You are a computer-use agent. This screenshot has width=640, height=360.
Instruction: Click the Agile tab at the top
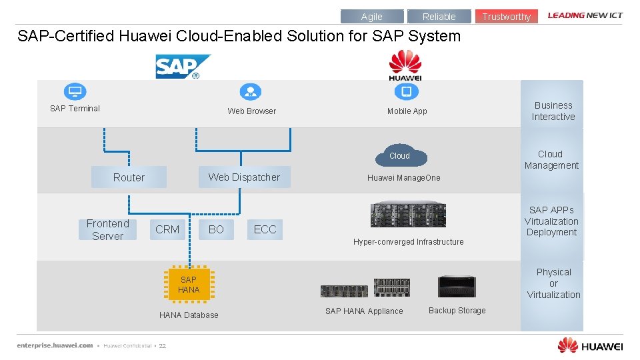point(371,17)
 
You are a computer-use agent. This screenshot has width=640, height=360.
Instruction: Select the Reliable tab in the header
point(439,17)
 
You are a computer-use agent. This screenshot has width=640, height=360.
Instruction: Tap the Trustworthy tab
point(506,17)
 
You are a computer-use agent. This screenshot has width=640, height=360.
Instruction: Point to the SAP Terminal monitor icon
point(75,92)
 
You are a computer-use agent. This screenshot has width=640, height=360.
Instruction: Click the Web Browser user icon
point(250,92)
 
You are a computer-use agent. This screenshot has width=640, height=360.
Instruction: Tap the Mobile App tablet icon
point(407,92)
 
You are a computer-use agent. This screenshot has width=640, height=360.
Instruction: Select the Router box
point(129,177)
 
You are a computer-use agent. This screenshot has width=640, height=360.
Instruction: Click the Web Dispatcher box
point(244,177)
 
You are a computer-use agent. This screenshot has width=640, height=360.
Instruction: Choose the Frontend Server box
point(107,229)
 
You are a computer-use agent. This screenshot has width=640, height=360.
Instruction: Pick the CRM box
point(167,229)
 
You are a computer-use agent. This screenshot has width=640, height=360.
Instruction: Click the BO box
point(216,229)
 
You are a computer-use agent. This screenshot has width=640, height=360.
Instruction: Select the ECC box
point(265,229)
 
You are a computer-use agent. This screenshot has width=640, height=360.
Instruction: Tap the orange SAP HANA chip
point(189,285)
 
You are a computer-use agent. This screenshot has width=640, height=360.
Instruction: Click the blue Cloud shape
point(399,155)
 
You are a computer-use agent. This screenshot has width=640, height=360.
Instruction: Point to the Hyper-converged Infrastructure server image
point(408,215)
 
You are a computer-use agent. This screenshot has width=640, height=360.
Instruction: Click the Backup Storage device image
point(457,286)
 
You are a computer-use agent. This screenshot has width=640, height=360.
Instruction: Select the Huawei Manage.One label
point(403,178)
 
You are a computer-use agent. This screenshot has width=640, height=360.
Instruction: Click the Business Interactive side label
point(553,111)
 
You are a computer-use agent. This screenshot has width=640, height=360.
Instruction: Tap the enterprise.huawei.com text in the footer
point(55,345)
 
